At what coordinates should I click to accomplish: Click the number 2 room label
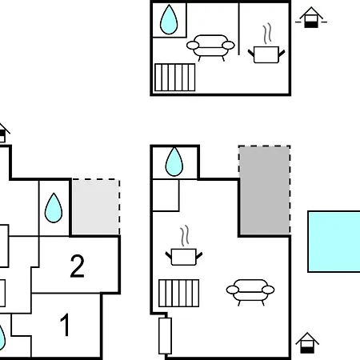tap(78, 266)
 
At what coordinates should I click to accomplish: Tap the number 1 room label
tap(65, 325)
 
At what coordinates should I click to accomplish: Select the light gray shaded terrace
tap(96, 207)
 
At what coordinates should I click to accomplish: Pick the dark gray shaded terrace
tap(265, 190)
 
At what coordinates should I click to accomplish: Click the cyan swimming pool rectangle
tap(334, 242)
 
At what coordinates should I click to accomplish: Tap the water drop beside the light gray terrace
tap(54, 208)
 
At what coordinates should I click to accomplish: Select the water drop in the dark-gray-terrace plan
tap(174, 162)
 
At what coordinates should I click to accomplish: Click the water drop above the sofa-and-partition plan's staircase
tap(169, 20)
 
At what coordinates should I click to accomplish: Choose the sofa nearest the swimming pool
tap(250, 292)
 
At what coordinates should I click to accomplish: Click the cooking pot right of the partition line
tap(266, 54)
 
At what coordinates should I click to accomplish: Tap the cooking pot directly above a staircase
tap(184, 257)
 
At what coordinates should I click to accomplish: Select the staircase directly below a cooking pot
tap(179, 293)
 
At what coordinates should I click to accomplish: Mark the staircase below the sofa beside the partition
tap(175, 78)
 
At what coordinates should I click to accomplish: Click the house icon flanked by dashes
tap(311, 18)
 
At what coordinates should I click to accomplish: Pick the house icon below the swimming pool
tap(307, 343)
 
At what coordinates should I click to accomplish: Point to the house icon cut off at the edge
tap(4, 133)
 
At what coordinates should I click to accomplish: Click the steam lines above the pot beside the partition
tap(267, 34)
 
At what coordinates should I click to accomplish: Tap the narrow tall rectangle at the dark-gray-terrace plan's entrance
tap(165, 336)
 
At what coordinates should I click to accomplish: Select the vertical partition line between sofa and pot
tap(238, 29)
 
